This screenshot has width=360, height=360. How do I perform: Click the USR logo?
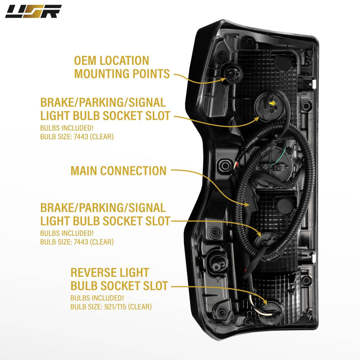(x=33, y=11)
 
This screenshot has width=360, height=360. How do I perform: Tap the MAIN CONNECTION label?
(x=118, y=170)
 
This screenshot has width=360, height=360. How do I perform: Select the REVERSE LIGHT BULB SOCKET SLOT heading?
(x=119, y=279)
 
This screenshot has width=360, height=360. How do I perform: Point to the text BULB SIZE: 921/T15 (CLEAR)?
(x=111, y=306)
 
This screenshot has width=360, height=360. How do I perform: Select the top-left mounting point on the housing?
(x=230, y=75)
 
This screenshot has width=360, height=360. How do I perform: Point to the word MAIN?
(x=84, y=170)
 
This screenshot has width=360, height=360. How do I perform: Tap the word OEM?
(x=86, y=60)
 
